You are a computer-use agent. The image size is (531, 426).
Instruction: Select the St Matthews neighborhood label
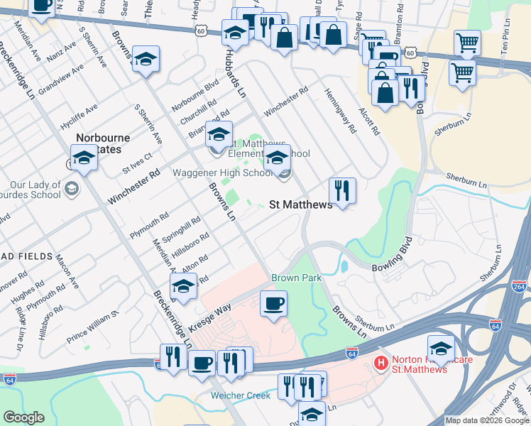(x=301, y=204)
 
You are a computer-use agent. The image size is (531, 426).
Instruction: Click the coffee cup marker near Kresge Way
(x=274, y=305)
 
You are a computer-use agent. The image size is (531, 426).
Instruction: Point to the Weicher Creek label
(x=240, y=395)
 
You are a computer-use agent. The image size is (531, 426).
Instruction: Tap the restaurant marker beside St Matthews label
(x=342, y=190)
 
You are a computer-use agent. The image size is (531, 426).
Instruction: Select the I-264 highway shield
(x=518, y=287)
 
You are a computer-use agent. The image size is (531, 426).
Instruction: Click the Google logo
(x=23, y=417)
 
